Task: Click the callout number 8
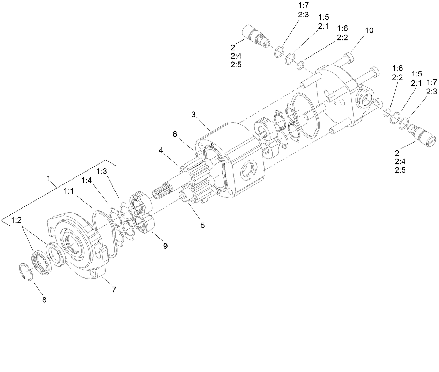tap(44, 300)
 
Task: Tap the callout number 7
tap(114, 289)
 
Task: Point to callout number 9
tap(165, 246)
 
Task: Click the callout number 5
tap(202, 225)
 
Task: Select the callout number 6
tap(175, 133)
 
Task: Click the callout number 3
tap(194, 114)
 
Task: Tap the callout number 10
tap(369, 31)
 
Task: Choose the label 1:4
tap(87, 180)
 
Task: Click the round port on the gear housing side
tap(250, 171)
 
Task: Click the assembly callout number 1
tap(49, 178)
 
